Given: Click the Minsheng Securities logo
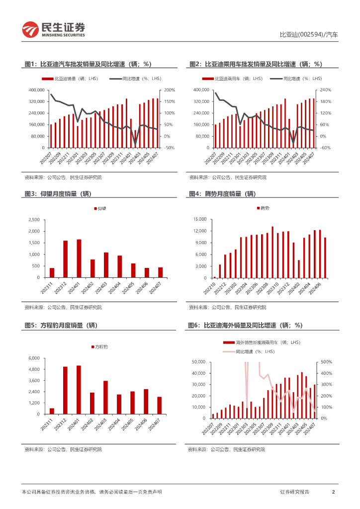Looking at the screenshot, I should [x=54, y=30].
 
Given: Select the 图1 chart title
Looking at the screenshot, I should [x=88, y=64].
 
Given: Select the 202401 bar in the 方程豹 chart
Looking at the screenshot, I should [x=79, y=389].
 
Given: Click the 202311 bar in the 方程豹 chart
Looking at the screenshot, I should [x=52, y=411].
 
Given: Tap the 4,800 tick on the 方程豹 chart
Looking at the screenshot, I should [x=34, y=369].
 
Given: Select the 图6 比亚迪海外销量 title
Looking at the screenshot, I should [x=245, y=325].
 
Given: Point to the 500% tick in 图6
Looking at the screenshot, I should [x=326, y=362].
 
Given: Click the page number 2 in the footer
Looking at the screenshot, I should [x=333, y=492].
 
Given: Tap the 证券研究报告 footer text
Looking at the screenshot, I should [x=294, y=492].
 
